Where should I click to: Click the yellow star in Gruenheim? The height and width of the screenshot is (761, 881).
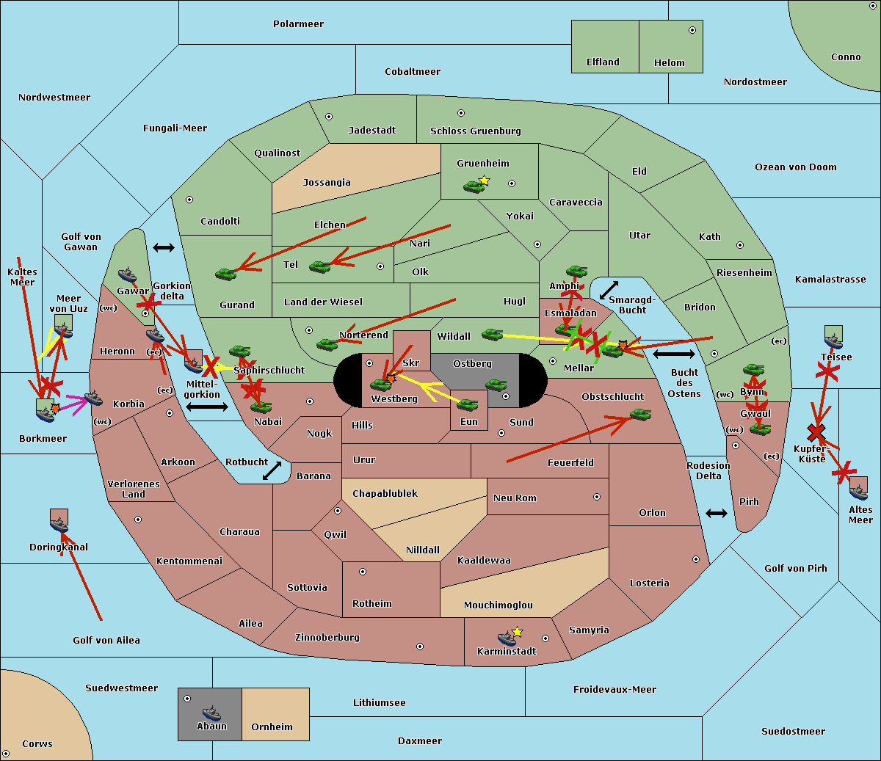click(x=484, y=181)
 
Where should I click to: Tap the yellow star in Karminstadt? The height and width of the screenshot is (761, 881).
click(x=517, y=632)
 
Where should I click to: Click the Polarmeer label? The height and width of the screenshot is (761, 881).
click(x=298, y=24)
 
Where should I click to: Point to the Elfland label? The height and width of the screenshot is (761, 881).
click(x=603, y=62)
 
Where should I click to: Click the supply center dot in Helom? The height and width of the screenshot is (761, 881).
click(x=692, y=30)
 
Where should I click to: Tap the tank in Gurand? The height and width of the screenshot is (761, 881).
click(x=225, y=274)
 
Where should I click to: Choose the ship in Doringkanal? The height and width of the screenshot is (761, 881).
click(x=59, y=524)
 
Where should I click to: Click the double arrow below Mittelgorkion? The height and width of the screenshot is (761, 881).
click(x=206, y=407)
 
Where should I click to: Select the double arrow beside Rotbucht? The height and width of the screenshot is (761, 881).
click(x=272, y=470)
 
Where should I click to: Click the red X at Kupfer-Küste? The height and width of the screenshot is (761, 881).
click(x=816, y=432)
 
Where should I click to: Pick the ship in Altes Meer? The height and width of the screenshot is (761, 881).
click(x=858, y=489)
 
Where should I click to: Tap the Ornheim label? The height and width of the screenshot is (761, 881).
click(x=272, y=727)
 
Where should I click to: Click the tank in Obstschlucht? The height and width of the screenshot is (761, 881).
click(x=640, y=415)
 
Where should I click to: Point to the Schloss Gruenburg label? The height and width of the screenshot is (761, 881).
click(x=475, y=131)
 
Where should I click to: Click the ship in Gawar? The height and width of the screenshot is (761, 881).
click(x=127, y=276)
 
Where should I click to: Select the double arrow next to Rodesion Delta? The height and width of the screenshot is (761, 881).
click(x=716, y=513)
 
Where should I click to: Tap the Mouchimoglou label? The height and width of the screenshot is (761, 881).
click(x=498, y=605)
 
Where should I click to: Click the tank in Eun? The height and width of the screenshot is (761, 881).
click(x=467, y=404)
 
